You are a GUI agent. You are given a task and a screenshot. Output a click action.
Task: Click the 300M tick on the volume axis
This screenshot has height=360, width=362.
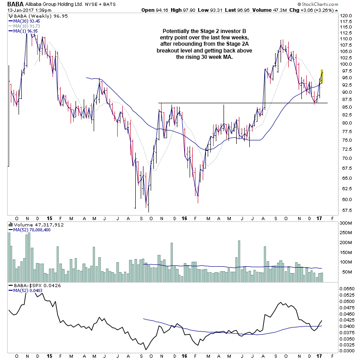point(347,223)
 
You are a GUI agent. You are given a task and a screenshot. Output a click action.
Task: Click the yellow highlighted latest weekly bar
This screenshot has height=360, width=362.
point(322,76)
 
